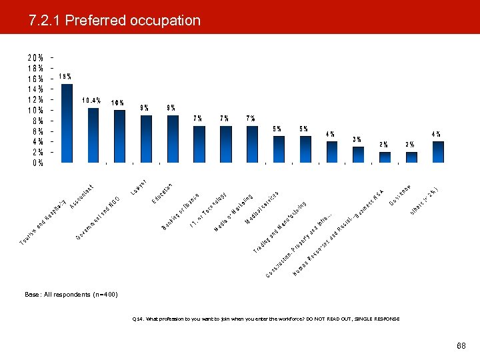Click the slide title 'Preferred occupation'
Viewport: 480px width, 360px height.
point(115,21)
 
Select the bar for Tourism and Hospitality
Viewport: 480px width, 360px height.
point(67,123)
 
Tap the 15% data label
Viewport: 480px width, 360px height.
point(66,77)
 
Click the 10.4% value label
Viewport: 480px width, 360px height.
point(92,101)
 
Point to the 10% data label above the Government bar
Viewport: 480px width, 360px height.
point(117,103)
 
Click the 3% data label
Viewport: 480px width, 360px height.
point(357,139)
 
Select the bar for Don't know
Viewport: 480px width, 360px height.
point(411,157)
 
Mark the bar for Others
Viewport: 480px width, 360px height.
point(438,151)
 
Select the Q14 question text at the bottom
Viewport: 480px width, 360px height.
point(266,319)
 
